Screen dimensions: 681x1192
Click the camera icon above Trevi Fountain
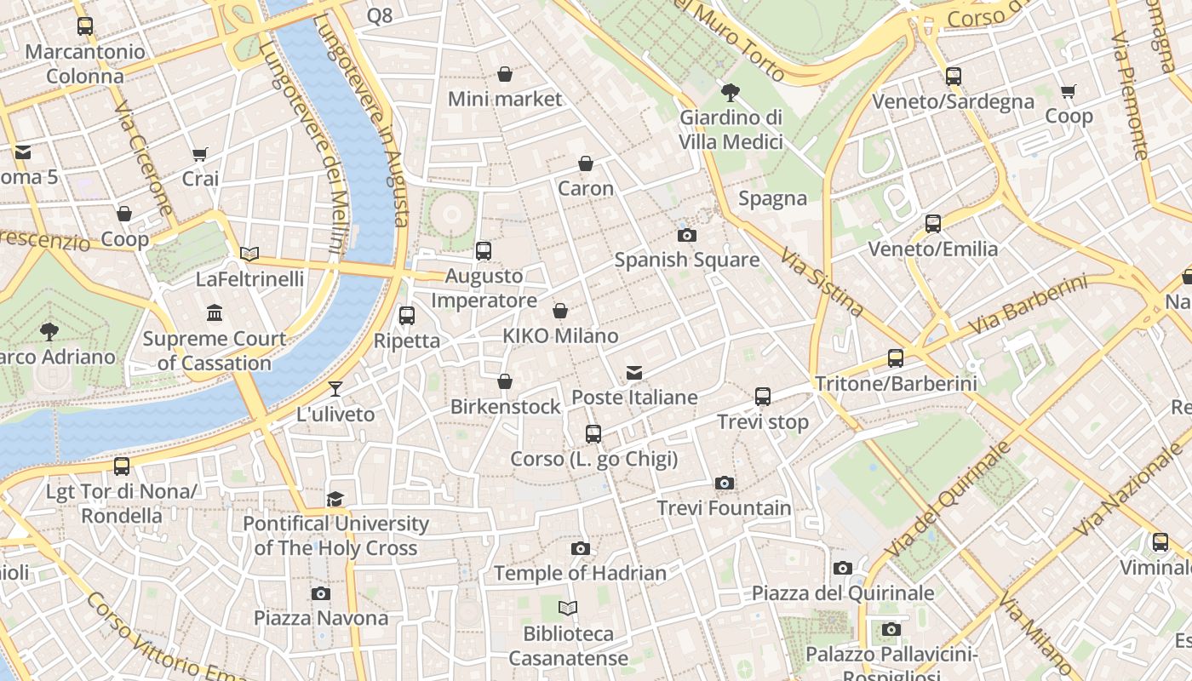[x=724, y=484]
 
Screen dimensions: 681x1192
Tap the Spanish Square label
[x=686, y=260]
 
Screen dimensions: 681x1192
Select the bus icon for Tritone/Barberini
[x=895, y=358]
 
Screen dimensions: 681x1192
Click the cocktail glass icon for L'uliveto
[x=335, y=389]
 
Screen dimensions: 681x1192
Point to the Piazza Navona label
[x=321, y=618]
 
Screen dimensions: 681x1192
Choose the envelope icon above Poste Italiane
[x=633, y=373]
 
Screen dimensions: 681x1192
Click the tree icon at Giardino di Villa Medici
[x=730, y=93]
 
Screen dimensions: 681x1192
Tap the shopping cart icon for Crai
[x=200, y=154]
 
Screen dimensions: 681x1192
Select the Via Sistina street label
[x=822, y=282]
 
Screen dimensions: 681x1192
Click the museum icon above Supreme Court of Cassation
[x=215, y=313]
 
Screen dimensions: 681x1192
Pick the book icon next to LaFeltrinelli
[x=249, y=254]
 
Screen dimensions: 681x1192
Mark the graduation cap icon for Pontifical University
[x=335, y=499]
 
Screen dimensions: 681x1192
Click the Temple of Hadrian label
[x=580, y=573]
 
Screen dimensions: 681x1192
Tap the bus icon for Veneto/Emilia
[x=933, y=224]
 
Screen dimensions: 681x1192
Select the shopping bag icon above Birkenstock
[x=505, y=381]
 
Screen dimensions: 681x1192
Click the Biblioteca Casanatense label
[x=568, y=646]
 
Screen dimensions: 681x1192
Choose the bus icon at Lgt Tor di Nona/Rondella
[x=122, y=466]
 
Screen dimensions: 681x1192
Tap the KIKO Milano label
[x=560, y=335]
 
